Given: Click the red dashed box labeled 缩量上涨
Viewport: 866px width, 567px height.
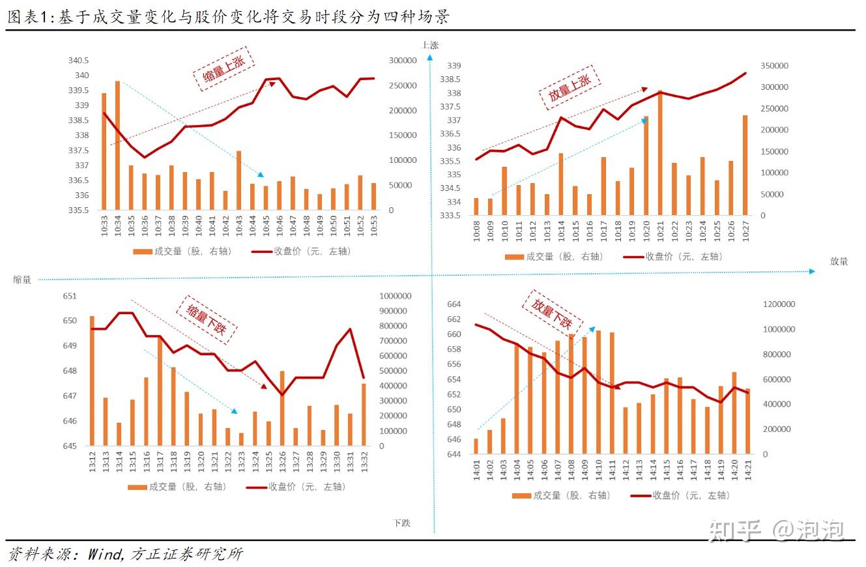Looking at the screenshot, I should (x=223, y=68).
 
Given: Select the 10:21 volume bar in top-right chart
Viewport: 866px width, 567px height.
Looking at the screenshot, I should (x=660, y=153).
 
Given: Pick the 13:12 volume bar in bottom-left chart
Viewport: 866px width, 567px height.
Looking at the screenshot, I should (x=92, y=381).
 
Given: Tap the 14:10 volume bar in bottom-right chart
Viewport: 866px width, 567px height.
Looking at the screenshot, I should (x=598, y=392).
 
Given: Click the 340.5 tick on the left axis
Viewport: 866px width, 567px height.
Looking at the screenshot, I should (x=79, y=61).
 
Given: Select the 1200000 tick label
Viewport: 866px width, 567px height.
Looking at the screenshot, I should (x=779, y=304).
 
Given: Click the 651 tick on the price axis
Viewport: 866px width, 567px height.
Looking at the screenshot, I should (x=69, y=296).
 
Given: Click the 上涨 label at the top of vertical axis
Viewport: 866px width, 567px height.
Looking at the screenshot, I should (x=430, y=45).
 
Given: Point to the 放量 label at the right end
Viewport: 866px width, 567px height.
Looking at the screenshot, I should (x=839, y=261).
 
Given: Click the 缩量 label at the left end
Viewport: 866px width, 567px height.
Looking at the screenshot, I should (x=22, y=280).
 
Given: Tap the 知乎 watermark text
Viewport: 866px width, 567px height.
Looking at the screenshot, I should (x=735, y=531).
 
